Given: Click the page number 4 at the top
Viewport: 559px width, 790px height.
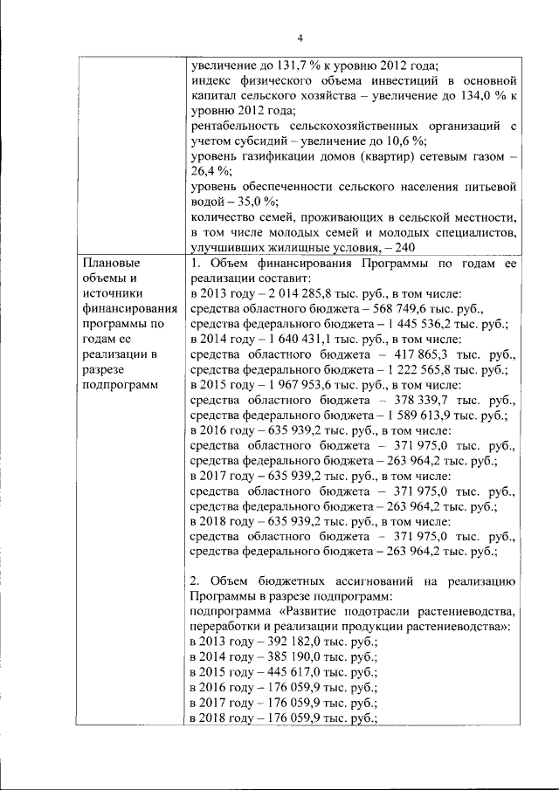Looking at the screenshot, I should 300,38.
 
